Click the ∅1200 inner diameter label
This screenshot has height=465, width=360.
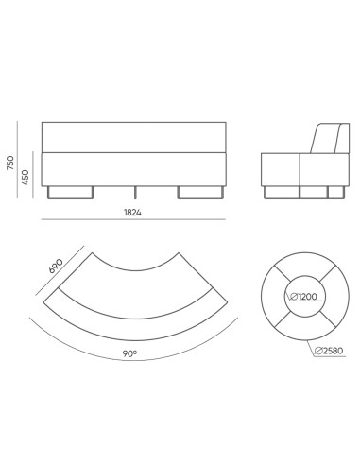click(x=304, y=297)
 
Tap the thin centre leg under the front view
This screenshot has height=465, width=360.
click(x=133, y=192)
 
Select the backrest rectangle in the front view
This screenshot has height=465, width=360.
click(x=133, y=137)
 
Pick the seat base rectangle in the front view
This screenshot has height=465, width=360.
click(x=133, y=167)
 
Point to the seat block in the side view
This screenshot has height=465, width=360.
click(x=283, y=167)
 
